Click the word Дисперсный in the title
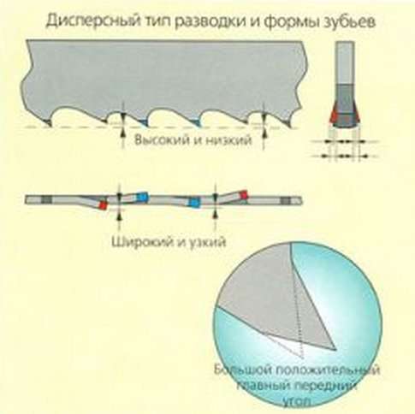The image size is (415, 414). pos(93,22)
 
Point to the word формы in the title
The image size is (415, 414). pos(288,22)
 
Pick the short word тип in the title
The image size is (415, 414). pos(157,21)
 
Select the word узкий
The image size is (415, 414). pos(206,242)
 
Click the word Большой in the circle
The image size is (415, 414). pos(242,370)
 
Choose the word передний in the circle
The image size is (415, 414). pos(325,386)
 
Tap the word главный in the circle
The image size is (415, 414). pos(263,386)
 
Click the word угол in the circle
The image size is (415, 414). pos(297,402)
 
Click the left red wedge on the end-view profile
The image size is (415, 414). pos(334,116)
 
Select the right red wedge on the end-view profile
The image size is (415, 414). pos(357,116)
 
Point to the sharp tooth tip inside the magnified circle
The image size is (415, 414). pos(335,348)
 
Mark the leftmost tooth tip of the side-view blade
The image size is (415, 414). pos(50,125)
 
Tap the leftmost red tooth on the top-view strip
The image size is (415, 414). pos(103,205)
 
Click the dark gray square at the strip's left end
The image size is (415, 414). pos(46,199)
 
